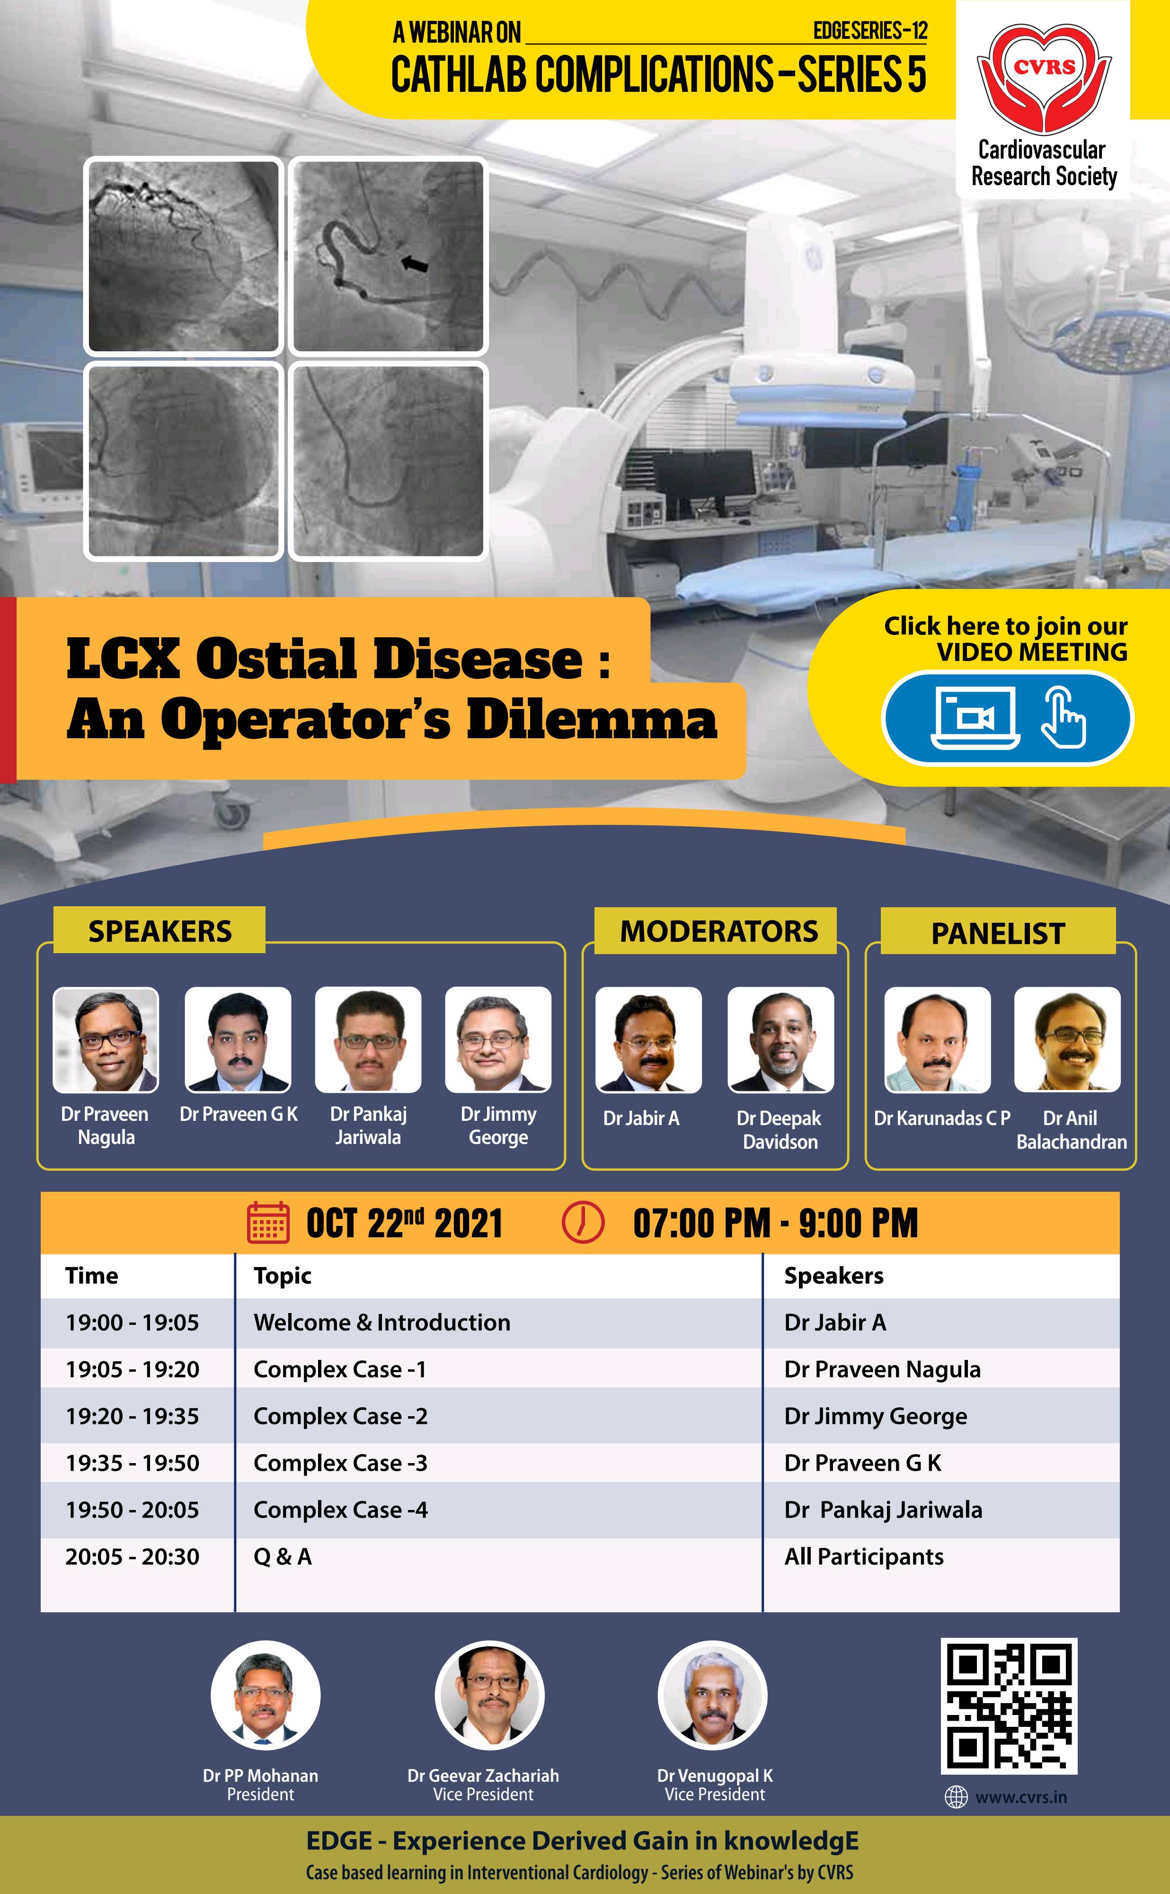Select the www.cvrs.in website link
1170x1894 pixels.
pyautogui.click(x=1020, y=1797)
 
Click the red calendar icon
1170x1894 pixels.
pyautogui.click(x=268, y=1223)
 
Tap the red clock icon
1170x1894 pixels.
pyautogui.click(x=582, y=1223)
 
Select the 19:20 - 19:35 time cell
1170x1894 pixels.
pyautogui.click(x=133, y=1416)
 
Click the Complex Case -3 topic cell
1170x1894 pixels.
pyautogui.click(x=340, y=1463)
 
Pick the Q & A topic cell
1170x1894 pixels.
pyautogui.click(x=283, y=1556)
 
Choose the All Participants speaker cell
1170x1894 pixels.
pyautogui.click(x=864, y=1556)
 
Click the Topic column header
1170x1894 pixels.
pyautogui.click(x=283, y=1276)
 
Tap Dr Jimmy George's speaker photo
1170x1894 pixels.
pyautogui.click(x=498, y=1039)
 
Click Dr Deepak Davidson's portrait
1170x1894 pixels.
pyautogui.click(x=781, y=1039)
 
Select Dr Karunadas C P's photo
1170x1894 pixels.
pyautogui.click(x=937, y=1039)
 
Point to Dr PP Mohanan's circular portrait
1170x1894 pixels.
pyautogui.click(x=266, y=1695)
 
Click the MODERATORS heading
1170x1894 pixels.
pyautogui.click(x=719, y=931)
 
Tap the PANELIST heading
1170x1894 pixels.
pyautogui.click(x=998, y=933)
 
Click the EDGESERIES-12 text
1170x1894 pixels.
pyautogui.click(x=870, y=31)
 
